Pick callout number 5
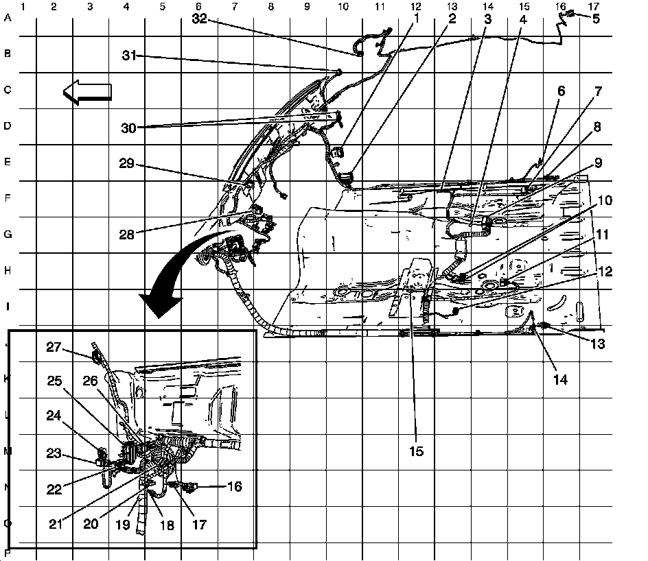tap(595, 19)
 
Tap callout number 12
tap(604, 272)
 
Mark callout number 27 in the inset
tap(54, 348)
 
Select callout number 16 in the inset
tap(234, 486)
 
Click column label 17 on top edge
tap(594, 6)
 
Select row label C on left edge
tap(8, 91)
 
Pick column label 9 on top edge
tap(307, 6)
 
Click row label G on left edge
tap(8, 235)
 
